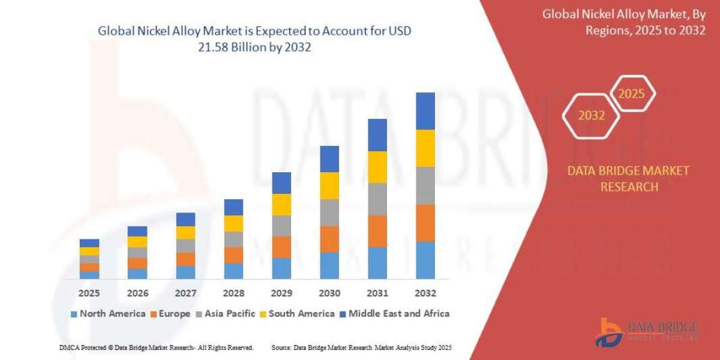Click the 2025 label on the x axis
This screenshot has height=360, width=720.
[89, 293]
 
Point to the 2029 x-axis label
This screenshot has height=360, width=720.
[281, 293]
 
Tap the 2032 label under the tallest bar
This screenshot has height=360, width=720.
[425, 293]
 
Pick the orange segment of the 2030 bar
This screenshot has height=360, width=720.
[329, 239]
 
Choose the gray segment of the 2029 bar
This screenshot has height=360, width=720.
[281, 226]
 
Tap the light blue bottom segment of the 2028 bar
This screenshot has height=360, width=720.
[233, 271]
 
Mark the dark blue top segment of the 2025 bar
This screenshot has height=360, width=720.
[89, 243]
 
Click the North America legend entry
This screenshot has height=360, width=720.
[107, 313]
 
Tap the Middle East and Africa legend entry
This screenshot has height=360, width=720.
[394, 313]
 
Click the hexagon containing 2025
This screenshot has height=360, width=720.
[632, 94]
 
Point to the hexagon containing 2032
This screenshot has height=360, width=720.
[591, 116]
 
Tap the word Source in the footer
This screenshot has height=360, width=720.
[283, 347]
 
